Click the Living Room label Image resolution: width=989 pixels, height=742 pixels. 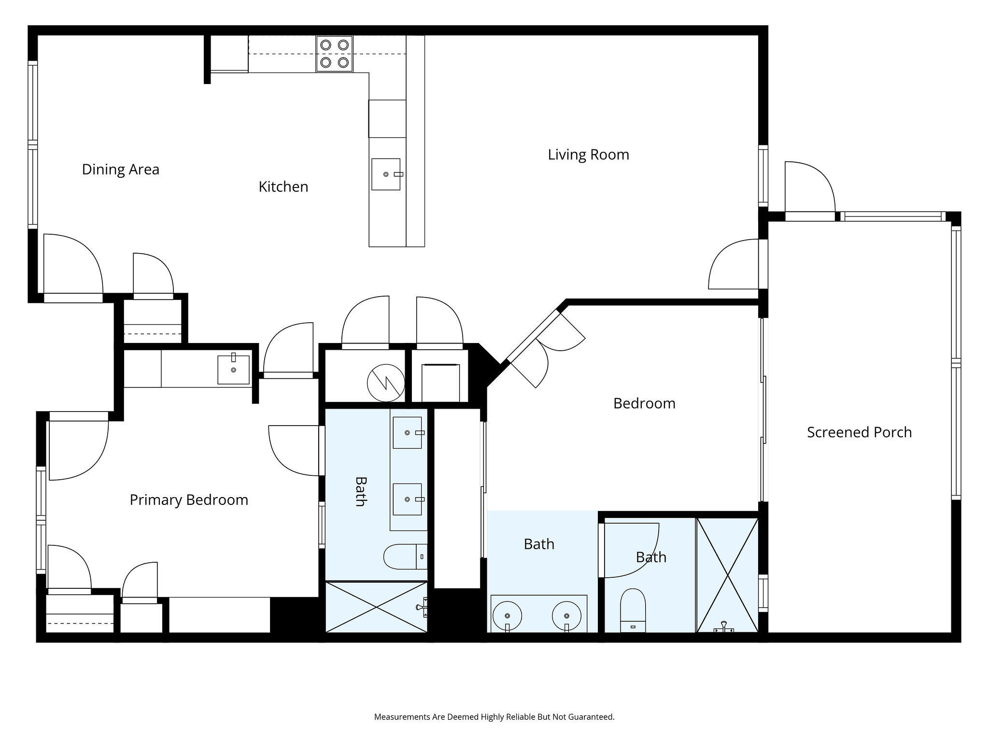[588, 155]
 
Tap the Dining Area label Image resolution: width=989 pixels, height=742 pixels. [121, 169]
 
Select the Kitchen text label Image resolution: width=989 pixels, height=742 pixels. [283, 186]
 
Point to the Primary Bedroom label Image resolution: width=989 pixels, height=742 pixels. [189, 499]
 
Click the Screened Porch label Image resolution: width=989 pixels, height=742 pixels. [860, 432]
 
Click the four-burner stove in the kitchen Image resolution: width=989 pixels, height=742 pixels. [334, 54]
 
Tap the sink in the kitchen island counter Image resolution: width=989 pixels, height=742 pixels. [386, 174]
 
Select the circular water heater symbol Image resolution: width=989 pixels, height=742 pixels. [385, 383]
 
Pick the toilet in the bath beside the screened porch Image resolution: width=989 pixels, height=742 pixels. [633, 610]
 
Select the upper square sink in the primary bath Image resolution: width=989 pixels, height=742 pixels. [408, 433]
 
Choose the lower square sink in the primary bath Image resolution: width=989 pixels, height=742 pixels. [408, 499]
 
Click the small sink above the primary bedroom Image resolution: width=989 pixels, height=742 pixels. [233, 370]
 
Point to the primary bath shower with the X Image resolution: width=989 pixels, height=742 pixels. [377, 607]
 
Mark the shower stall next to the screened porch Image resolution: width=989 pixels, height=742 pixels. [727, 575]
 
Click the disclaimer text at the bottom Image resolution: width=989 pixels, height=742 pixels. [494, 717]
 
